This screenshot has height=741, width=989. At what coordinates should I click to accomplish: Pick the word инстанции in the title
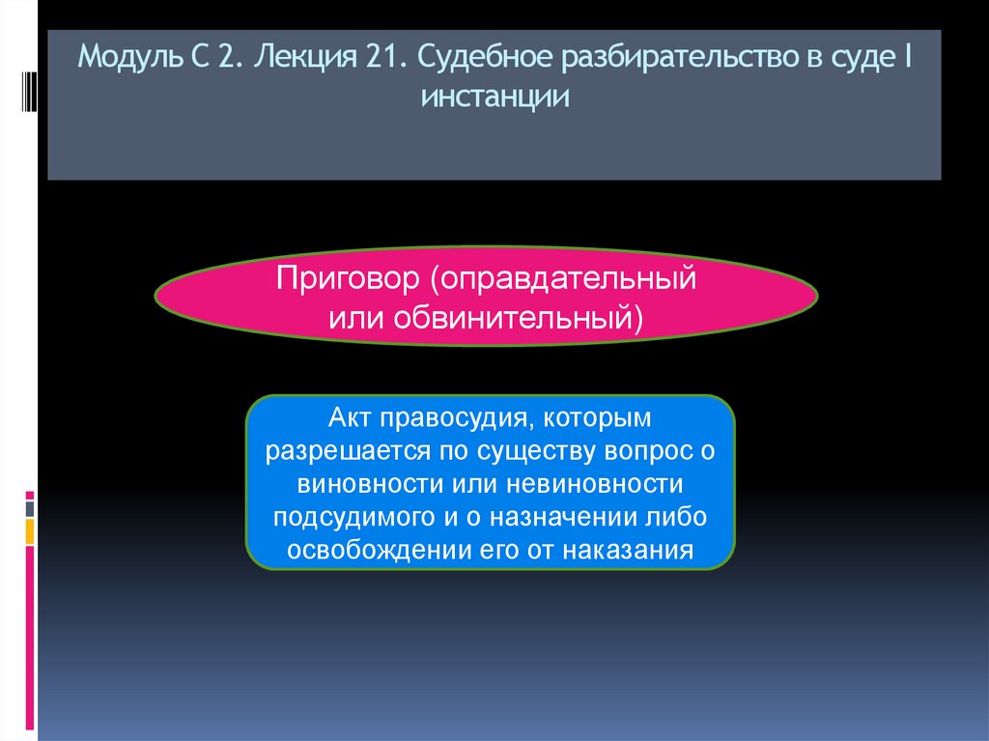click(494, 99)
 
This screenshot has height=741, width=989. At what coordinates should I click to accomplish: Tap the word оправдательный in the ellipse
click(565, 280)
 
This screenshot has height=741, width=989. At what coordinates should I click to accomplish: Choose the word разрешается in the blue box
click(335, 451)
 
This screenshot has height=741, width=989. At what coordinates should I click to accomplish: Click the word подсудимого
click(354, 517)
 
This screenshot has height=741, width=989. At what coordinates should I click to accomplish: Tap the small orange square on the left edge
click(30, 530)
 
